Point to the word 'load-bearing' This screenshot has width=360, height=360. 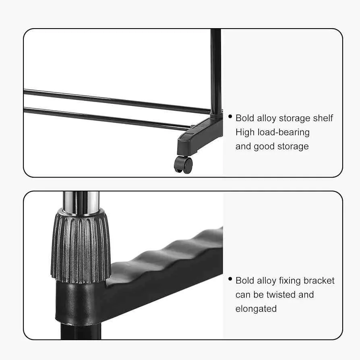[283, 132]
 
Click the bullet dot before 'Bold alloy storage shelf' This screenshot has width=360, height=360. [230, 116]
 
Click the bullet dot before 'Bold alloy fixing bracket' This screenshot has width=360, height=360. [230, 279]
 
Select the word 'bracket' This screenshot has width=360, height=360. [319, 280]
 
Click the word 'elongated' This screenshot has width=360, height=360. [256, 309]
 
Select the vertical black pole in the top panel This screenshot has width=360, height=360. [216, 68]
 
